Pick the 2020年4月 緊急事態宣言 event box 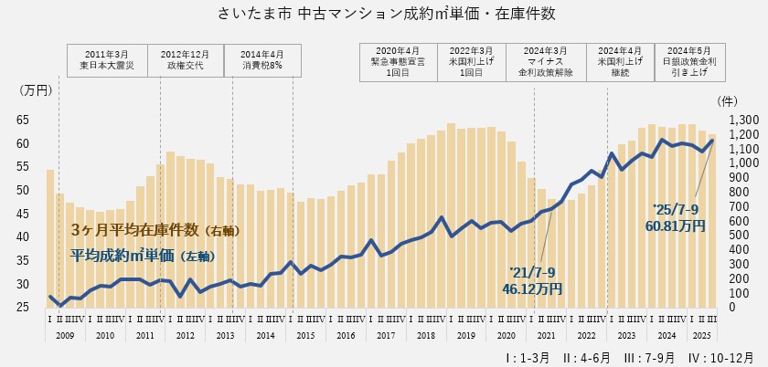pyautogui.click(x=398, y=58)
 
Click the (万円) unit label pyautogui.click(x=37, y=90)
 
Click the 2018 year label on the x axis pyautogui.click(x=425, y=336)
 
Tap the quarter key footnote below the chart pyautogui.click(x=628, y=356)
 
